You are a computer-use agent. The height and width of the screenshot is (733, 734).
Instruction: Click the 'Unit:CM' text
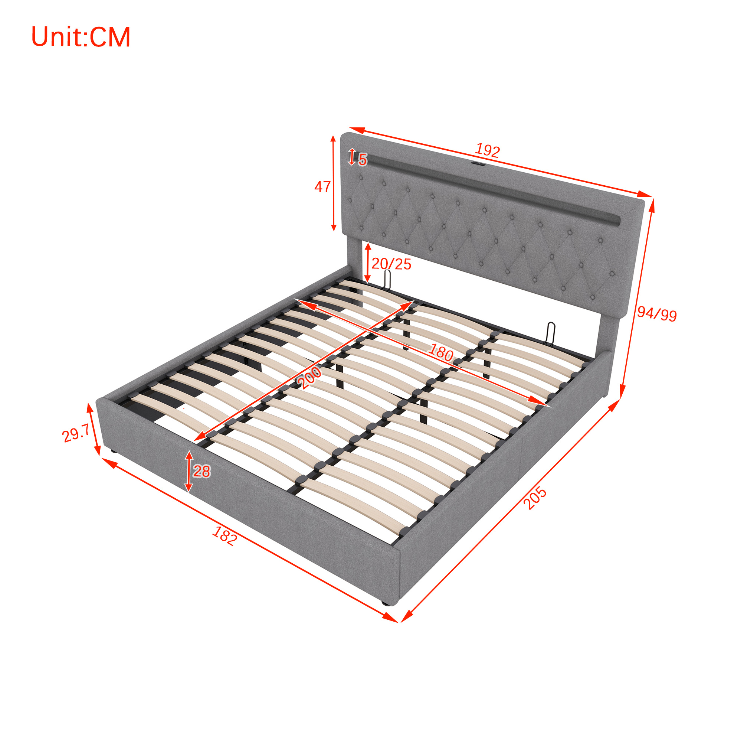(x=81, y=37)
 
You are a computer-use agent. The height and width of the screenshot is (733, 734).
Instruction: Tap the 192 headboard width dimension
(x=487, y=150)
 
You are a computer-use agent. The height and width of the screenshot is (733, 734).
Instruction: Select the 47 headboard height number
(x=322, y=187)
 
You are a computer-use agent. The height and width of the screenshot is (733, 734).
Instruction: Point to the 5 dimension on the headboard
(x=363, y=160)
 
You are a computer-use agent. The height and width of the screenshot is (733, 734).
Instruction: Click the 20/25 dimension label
(x=391, y=264)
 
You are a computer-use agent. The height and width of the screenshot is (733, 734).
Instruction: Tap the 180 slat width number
(x=441, y=352)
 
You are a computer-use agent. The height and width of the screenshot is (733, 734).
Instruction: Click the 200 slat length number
(x=309, y=377)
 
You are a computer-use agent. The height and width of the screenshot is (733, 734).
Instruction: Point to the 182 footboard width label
(x=225, y=536)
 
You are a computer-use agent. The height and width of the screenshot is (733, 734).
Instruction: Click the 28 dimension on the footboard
(x=201, y=472)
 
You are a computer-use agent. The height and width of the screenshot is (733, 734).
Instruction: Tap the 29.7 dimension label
(x=76, y=433)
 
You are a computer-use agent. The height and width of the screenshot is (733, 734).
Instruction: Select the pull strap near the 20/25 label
(x=387, y=280)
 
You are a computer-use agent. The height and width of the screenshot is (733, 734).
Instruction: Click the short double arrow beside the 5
(x=352, y=157)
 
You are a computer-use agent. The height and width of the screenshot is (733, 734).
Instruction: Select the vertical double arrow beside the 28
(x=189, y=472)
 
